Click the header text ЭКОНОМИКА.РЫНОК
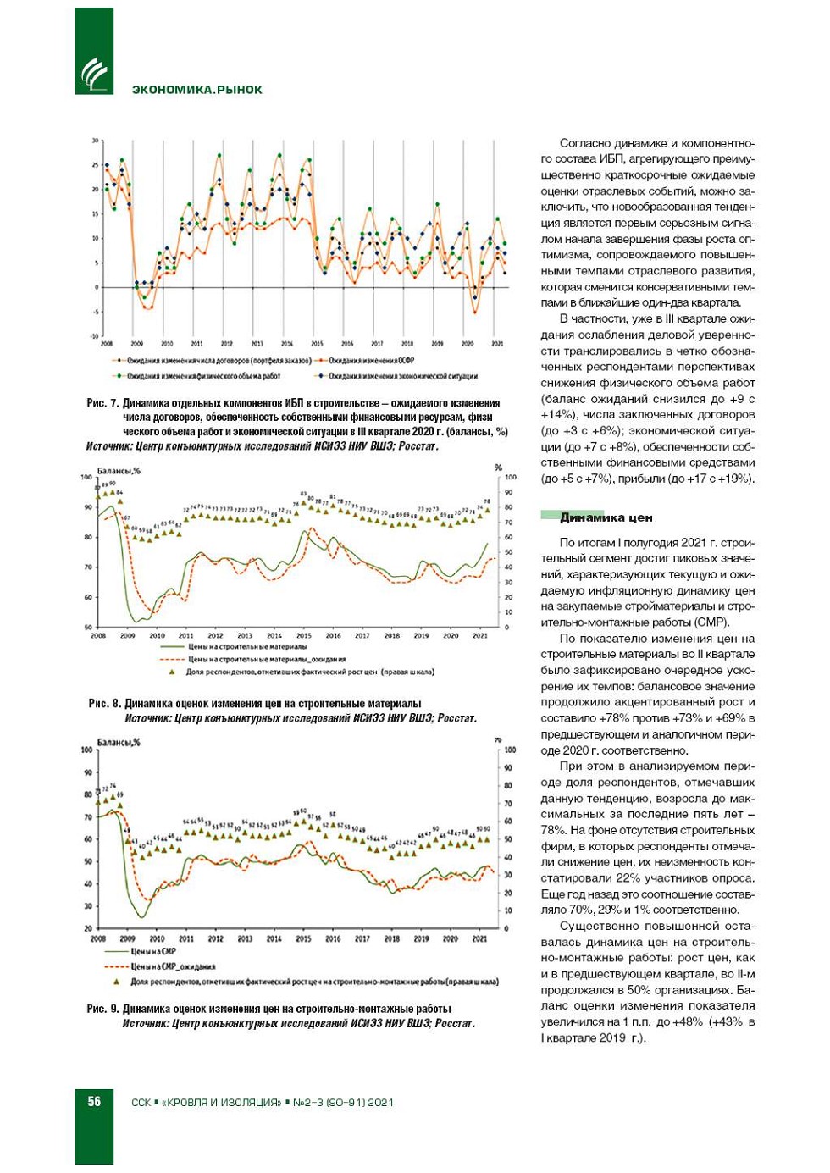point(196,90)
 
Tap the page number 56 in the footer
point(94,1101)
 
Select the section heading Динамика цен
point(606,517)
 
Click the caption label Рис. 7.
point(102,403)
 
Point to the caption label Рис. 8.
point(104,703)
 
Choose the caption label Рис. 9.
point(102,1009)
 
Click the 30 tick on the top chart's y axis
point(96,141)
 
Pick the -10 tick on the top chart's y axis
point(94,336)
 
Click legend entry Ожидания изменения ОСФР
point(371,361)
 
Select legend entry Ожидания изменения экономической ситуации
point(403,376)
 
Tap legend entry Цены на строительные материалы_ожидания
point(266,659)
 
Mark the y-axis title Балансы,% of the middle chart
point(119,471)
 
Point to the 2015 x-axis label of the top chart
point(317,344)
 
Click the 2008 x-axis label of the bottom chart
point(98,938)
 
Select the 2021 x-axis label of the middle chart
point(479,635)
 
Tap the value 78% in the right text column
point(554,830)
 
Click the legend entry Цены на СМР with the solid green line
point(153,951)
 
